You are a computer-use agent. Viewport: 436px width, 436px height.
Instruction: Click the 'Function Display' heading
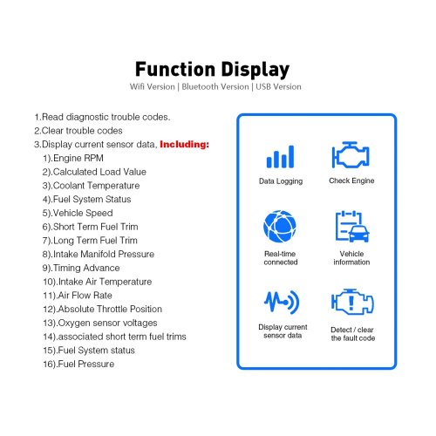point(212,70)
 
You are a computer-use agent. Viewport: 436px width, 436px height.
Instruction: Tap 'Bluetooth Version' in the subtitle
point(215,86)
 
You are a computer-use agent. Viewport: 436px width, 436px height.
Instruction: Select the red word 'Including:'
point(184,145)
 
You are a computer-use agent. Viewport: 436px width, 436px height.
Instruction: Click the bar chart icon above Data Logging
point(280,157)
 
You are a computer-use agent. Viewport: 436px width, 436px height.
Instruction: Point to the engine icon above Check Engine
point(351,154)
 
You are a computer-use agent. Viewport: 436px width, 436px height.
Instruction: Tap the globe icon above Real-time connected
point(280,226)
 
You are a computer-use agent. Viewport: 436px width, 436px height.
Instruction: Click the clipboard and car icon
point(352,227)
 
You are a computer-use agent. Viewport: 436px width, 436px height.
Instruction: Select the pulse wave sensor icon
point(282,302)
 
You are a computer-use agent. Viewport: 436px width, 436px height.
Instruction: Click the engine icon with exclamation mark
point(352,302)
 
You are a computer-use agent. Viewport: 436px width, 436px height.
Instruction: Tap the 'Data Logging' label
point(281,181)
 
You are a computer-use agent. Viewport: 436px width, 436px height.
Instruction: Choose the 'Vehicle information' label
point(351,258)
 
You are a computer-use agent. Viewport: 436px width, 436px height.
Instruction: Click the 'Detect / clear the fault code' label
point(352,334)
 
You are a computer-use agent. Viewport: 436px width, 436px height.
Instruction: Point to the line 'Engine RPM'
point(73,158)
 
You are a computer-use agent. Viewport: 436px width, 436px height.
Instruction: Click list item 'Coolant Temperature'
point(91,186)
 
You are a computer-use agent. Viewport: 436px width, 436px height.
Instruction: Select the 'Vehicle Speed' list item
point(78,213)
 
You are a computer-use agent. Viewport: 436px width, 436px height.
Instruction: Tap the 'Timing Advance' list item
point(81,268)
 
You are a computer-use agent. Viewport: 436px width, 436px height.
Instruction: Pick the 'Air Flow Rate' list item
point(78,296)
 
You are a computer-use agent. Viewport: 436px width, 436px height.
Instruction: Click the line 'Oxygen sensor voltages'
point(100,323)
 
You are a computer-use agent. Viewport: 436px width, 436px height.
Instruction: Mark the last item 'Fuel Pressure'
point(78,364)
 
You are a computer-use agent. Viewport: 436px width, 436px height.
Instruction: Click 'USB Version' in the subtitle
point(278,86)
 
